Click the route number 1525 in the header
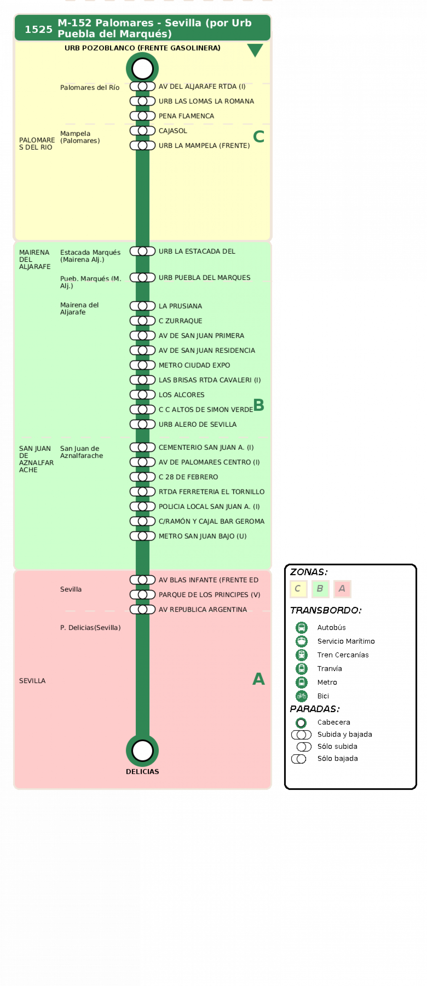click(38, 30)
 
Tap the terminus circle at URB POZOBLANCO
click(142, 68)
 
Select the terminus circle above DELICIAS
click(142, 751)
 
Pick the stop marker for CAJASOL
click(142, 131)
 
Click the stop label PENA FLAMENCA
click(186, 116)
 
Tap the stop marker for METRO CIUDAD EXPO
click(142, 365)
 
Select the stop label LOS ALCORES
click(181, 395)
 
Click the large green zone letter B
click(259, 404)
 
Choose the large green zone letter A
click(259, 679)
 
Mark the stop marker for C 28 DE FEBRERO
click(142, 477)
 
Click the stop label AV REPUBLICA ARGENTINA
click(203, 609)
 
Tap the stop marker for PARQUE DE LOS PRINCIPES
click(142, 594)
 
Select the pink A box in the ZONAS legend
click(342, 589)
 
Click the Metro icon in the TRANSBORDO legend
click(302, 682)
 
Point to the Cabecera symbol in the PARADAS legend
click(301, 722)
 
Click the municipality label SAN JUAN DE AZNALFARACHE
click(36, 459)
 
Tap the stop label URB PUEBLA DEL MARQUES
click(204, 277)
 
